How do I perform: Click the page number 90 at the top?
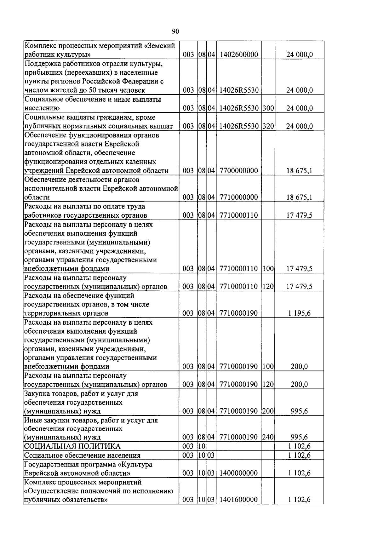click(x=175, y=31)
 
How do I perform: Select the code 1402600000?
click(x=238, y=55)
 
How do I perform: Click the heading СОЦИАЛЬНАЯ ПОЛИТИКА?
click(x=72, y=446)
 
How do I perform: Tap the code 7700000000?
click(x=238, y=171)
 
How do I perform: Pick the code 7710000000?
click(x=238, y=197)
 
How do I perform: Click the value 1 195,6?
click(x=299, y=313)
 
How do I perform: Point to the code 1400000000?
click(x=238, y=473)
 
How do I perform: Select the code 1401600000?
click(x=238, y=500)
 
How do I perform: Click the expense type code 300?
click(x=268, y=108)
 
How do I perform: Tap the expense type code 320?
click(x=268, y=126)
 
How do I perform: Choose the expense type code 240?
click(x=268, y=437)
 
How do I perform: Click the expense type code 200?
click(x=268, y=411)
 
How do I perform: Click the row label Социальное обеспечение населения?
click(x=82, y=455)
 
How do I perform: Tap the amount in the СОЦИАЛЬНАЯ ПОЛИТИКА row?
click(x=299, y=446)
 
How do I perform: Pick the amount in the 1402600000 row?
click(x=299, y=55)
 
